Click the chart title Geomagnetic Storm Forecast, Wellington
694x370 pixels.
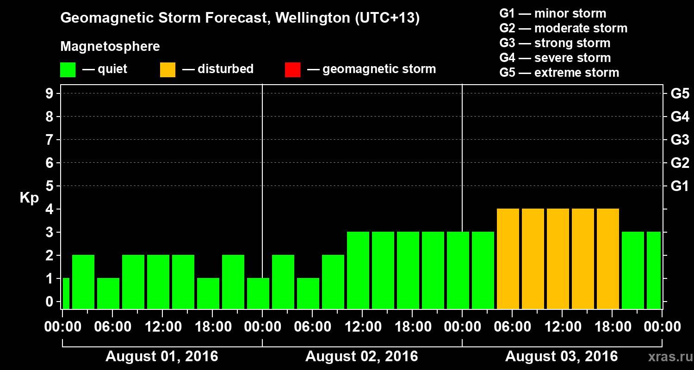click(240, 18)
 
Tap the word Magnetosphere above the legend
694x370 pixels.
click(110, 47)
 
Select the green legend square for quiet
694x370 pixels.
click(68, 69)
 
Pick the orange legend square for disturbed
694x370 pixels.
click(167, 69)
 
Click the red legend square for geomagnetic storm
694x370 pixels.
click(292, 69)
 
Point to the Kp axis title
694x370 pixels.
click(29, 198)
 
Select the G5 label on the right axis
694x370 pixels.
click(680, 94)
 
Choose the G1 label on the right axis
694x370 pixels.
click(680, 186)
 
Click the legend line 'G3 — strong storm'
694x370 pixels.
click(555, 43)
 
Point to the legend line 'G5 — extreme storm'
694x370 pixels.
click(559, 73)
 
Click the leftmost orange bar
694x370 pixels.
click(508, 259)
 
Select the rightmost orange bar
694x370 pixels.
click(608, 259)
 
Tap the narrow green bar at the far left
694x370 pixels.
click(66, 293)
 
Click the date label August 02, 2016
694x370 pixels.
click(361, 357)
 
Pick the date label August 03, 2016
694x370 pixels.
click(561, 357)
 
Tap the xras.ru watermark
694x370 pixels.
click(668, 357)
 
